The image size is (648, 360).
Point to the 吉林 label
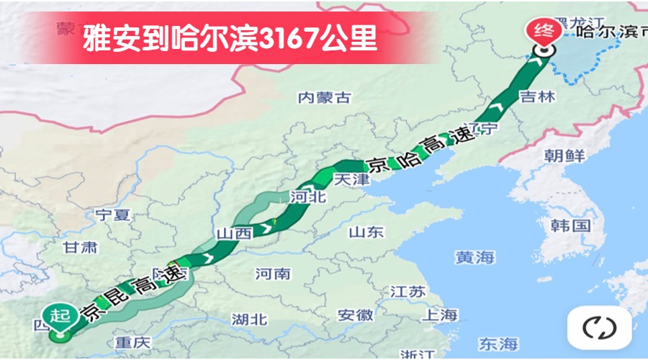point(537,96)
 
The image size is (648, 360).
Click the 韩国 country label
point(570,225)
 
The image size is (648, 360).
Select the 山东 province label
point(366,232)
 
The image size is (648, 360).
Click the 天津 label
point(351,179)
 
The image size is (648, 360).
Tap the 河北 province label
point(308,196)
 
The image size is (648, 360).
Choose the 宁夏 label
point(112,214)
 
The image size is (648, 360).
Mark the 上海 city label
point(440,315)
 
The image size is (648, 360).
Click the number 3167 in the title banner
point(288,38)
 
